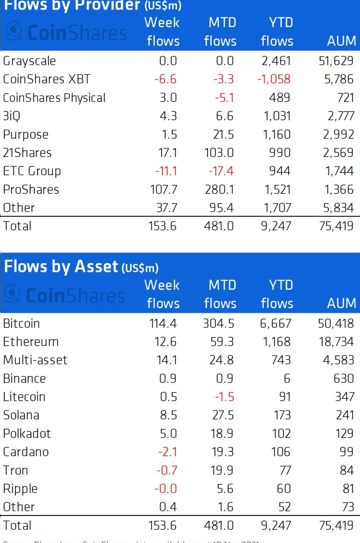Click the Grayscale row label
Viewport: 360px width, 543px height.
coord(29,61)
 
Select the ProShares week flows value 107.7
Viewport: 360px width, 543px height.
coord(164,190)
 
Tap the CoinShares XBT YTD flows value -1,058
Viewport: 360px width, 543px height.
coord(274,79)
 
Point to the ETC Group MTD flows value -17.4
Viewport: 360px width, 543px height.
coord(221,171)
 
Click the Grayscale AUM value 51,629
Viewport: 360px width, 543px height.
coord(336,61)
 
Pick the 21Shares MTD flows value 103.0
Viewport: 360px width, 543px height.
coord(219,153)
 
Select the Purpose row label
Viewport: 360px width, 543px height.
coord(26,135)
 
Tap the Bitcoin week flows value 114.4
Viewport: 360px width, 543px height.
coord(163,323)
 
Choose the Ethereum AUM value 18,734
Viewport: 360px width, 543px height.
coord(336,342)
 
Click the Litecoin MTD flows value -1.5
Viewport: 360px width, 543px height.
coord(225,397)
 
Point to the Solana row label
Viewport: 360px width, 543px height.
coord(21,415)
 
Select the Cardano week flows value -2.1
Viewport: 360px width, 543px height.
coord(168,452)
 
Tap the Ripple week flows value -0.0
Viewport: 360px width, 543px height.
coord(166,489)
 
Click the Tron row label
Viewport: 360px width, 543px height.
coord(16,470)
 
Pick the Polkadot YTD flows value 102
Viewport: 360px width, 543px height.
coord(281,434)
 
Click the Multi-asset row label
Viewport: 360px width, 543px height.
coord(35,360)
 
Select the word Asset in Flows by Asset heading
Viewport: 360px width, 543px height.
coord(96,267)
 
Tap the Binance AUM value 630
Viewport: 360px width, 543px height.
coord(344,378)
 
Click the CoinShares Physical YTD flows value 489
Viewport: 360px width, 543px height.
coord(279,98)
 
